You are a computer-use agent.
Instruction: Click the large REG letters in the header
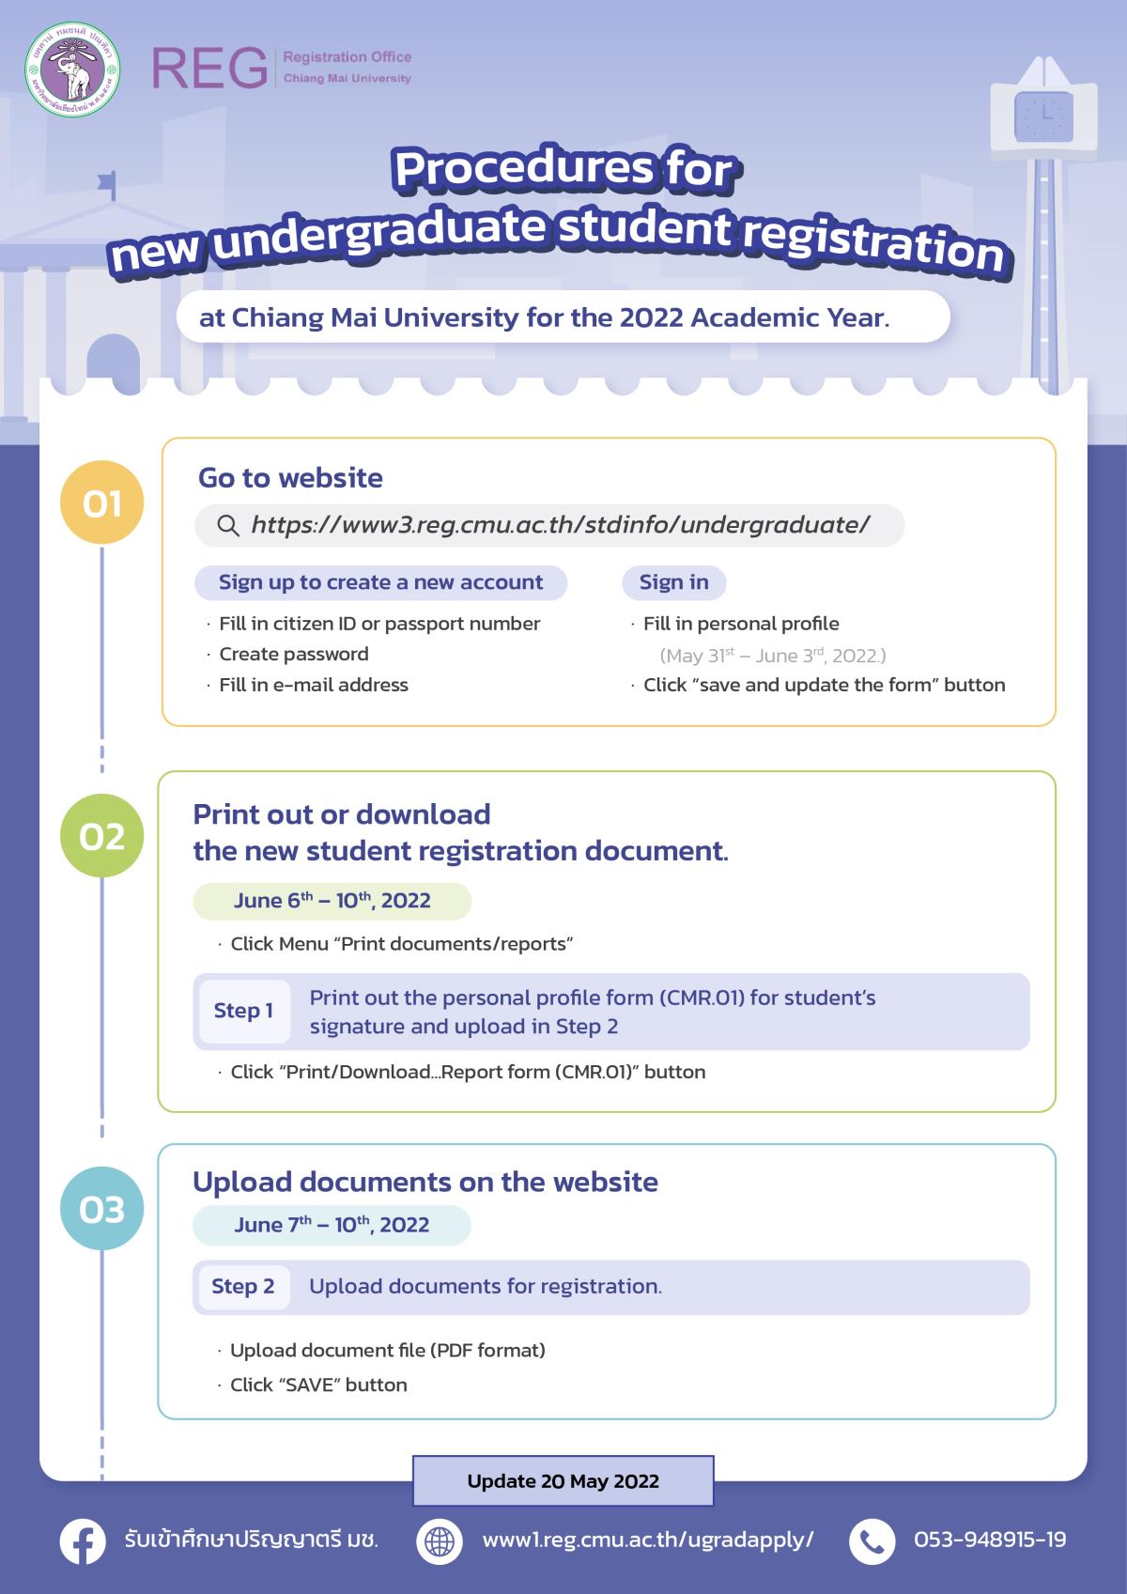(x=209, y=68)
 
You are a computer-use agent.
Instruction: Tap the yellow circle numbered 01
(x=101, y=503)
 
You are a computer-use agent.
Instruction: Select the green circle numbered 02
(x=101, y=835)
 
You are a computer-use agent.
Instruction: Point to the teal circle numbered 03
(x=101, y=1208)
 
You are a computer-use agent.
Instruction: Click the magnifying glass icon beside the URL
(x=227, y=525)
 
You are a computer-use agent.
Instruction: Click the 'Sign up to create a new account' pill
(x=380, y=582)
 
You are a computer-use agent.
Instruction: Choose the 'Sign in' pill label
(x=673, y=582)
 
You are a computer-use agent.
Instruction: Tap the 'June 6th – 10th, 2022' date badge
(x=332, y=901)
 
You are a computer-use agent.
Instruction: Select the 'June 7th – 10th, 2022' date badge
(x=332, y=1225)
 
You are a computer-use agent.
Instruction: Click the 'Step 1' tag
(x=243, y=1011)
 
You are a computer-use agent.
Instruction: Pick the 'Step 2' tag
(x=243, y=1286)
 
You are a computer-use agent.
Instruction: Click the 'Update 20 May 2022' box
(x=563, y=1481)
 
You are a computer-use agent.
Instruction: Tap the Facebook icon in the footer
(x=83, y=1541)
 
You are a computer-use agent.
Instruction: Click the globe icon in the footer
(x=440, y=1541)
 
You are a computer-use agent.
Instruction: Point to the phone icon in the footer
(x=872, y=1541)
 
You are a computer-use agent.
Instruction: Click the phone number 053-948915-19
(x=990, y=1540)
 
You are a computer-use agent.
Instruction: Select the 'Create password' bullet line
(x=293, y=654)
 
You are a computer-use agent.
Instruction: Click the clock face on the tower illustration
(x=1044, y=116)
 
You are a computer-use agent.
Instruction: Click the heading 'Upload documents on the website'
(x=425, y=1182)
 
